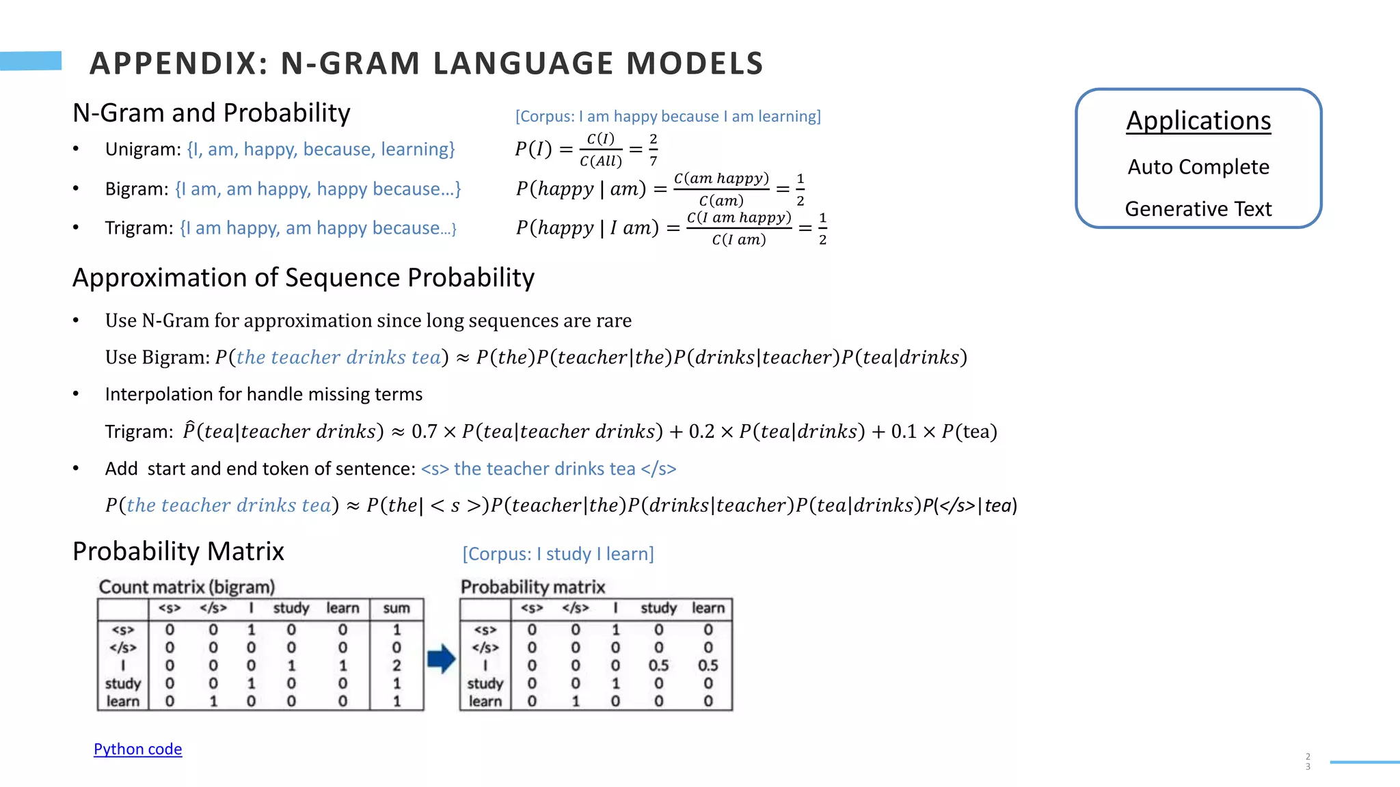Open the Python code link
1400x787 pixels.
click(137, 749)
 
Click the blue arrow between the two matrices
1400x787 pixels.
click(442, 659)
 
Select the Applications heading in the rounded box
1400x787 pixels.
click(1198, 121)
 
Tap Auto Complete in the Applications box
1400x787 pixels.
click(1198, 167)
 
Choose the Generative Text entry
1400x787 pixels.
click(1198, 208)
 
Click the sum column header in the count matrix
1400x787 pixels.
click(396, 608)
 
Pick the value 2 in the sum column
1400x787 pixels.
click(396, 665)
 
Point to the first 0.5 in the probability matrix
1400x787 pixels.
click(658, 665)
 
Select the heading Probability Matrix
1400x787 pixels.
click(178, 551)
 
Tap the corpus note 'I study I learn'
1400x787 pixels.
click(558, 553)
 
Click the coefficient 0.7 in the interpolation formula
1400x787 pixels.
click(424, 432)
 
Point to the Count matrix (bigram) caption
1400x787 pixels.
click(187, 587)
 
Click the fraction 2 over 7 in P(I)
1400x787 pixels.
click(654, 150)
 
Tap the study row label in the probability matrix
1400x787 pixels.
click(485, 683)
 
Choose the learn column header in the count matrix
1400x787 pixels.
click(342, 608)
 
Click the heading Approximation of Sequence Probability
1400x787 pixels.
click(304, 278)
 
